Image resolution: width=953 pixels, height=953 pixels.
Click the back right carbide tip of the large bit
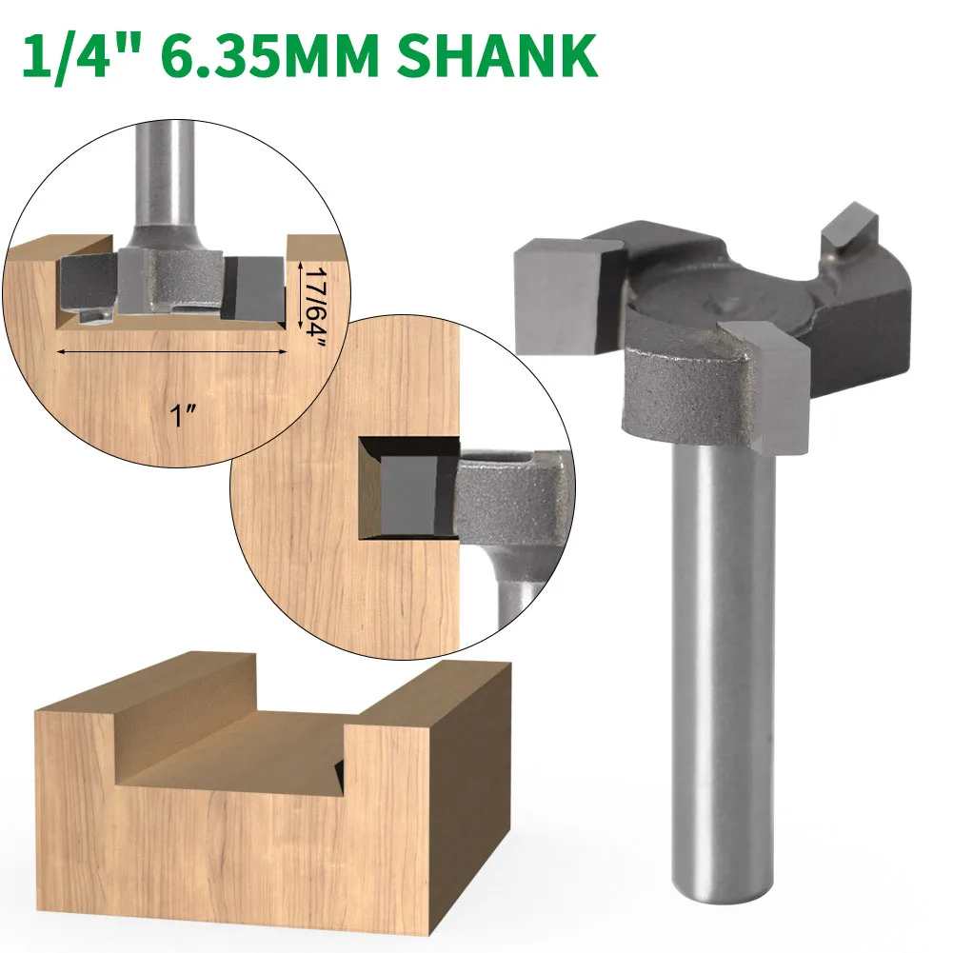844,224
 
